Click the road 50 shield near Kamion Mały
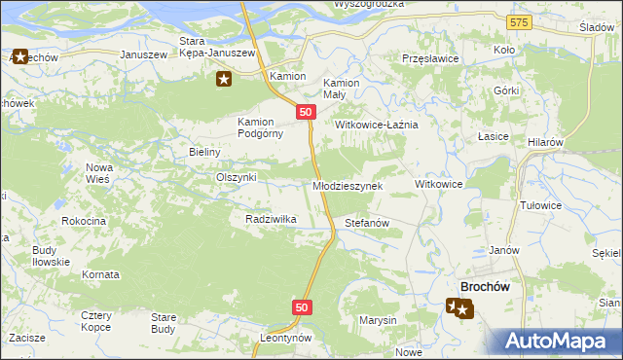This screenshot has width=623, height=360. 306,113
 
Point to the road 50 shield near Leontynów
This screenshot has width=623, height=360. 301,307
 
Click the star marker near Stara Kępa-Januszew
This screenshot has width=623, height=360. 224,79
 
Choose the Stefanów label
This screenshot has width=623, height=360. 367,223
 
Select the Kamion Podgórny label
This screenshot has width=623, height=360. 260,127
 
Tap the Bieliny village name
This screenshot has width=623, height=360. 205,152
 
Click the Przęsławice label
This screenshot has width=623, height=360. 430,58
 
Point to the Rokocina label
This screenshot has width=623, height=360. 83,221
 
